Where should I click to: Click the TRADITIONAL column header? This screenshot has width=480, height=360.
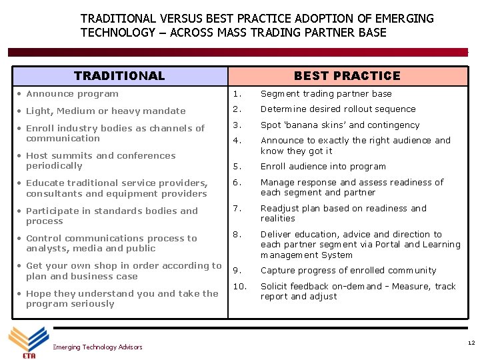pyautogui.click(x=119, y=76)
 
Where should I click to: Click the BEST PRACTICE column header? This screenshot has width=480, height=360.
pyautogui.click(x=347, y=76)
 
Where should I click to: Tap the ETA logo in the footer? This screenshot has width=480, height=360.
pyautogui.click(x=28, y=342)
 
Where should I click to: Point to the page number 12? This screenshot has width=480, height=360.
pyautogui.click(x=471, y=343)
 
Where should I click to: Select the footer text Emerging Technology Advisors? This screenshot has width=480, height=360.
pyautogui.click(x=97, y=347)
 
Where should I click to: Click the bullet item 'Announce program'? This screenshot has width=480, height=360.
pyautogui.click(x=72, y=94)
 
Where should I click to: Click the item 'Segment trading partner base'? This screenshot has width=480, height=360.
pyautogui.click(x=326, y=94)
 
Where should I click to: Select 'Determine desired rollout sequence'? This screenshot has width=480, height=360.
pyautogui.click(x=338, y=109)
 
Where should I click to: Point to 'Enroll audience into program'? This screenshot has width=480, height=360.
pyautogui.click(x=323, y=167)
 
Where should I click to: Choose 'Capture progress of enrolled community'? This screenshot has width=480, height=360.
pyautogui.click(x=348, y=271)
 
